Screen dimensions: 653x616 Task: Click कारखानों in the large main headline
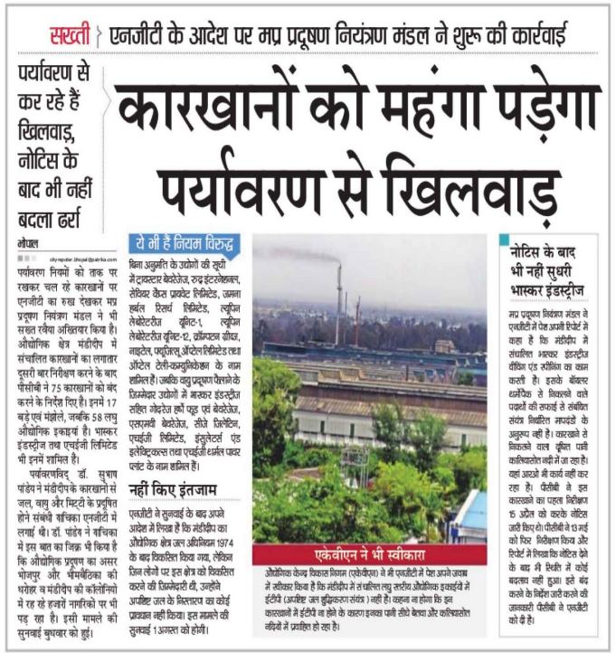208,110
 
